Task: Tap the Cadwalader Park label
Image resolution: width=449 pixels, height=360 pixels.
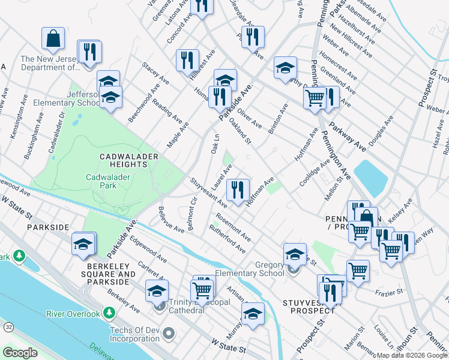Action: coord(110,181)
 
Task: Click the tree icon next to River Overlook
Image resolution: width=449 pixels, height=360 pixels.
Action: coord(109,313)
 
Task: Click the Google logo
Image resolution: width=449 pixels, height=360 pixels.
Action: coord(21,352)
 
